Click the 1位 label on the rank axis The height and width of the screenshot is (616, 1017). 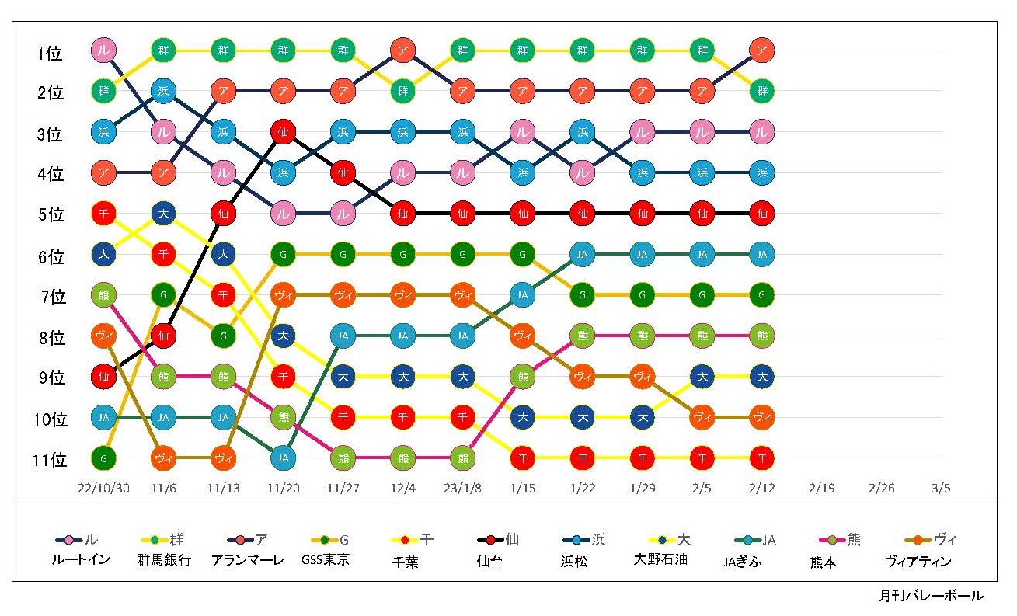[49, 54]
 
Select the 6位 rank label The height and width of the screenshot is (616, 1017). [49, 257]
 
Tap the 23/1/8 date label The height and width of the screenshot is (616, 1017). [463, 489]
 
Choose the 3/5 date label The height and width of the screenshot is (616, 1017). [941, 489]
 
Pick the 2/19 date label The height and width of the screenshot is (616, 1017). [821, 489]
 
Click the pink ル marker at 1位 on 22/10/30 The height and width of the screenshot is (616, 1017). [103, 51]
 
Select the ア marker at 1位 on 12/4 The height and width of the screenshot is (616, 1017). [402, 51]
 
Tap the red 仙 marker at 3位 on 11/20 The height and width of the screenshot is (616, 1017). [283, 132]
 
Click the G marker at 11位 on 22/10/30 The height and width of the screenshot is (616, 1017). [103, 458]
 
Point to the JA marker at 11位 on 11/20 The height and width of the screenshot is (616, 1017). [283, 458]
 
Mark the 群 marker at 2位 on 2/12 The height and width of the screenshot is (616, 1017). [762, 92]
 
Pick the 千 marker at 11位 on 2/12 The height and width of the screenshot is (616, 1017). [762, 458]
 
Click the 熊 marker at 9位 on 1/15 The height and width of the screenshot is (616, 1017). [523, 376]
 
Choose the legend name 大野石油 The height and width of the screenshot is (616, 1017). [661, 559]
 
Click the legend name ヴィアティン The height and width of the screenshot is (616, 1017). [918, 561]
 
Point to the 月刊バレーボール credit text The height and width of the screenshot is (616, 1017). [931, 597]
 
